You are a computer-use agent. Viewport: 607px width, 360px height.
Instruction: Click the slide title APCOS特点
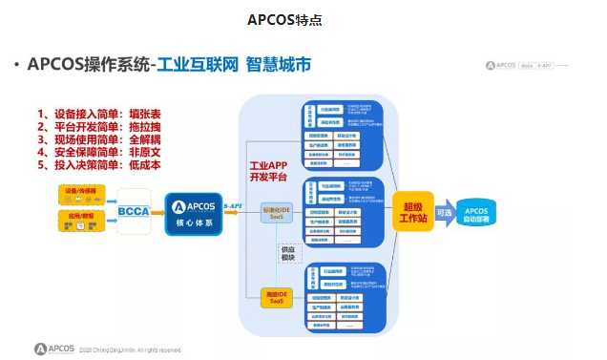tap(303, 20)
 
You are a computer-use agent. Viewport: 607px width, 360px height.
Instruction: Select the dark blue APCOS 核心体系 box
tap(193, 212)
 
